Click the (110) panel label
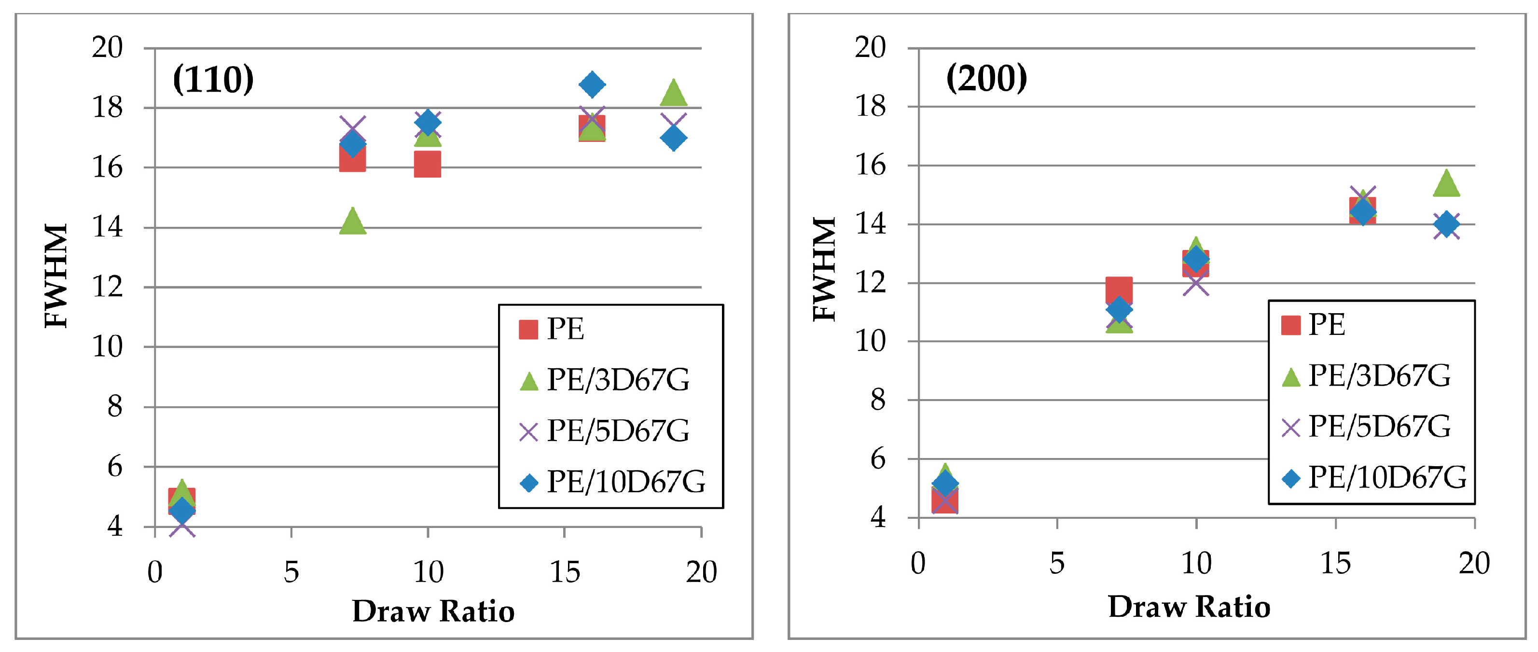pos(213,80)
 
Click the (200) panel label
pos(986,78)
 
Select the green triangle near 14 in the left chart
pos(352,222)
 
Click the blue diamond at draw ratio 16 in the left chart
pos(592,84)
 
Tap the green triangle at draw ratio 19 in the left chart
pos(674,94)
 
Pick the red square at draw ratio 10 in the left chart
pos(428,164)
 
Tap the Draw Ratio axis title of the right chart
pos(1189,607)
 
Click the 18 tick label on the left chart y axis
pos(108,108)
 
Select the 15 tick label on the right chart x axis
pos(1335,563)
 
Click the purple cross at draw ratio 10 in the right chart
pos(1196,284)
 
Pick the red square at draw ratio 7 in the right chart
pos(1119,290)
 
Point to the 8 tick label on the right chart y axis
pos(877,400)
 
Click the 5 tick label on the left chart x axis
pos(291,572)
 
